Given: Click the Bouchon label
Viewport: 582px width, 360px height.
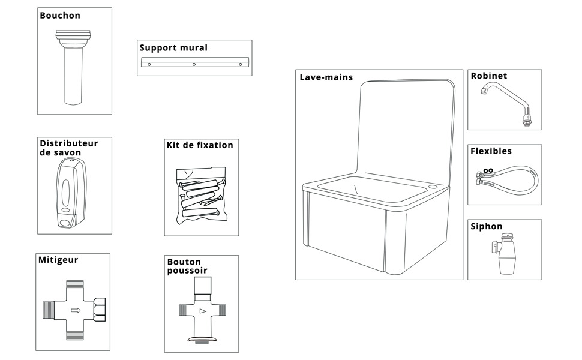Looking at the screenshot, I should pyautogui.click(x=60, y=16).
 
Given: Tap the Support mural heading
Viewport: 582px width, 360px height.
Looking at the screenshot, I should pyautogui.click(x=173, y=48).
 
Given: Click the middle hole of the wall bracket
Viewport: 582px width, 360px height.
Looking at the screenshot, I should pyautogui.click(x=194, y=64).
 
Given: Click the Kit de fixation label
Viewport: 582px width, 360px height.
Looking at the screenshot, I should pyautogui.click(x=199, y=145).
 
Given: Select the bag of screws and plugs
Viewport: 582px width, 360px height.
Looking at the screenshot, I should pyautogui.click(x=202, y=196).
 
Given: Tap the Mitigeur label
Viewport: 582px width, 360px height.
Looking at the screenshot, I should pyautogui.click(x=58, y=260).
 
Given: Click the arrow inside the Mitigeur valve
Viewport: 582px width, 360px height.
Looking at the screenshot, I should pyautogui.click(x=76, y=310).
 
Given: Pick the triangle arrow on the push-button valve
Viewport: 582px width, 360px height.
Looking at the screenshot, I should pyautogui.click(x=202, y=311).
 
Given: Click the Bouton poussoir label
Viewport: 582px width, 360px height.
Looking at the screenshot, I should pyautogui.click(x=185, y=266).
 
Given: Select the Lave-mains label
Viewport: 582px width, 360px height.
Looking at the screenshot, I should pyautogui.click(x=326, y=77).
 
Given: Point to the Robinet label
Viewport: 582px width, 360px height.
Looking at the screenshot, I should pyautogui.click(x=488, y=76).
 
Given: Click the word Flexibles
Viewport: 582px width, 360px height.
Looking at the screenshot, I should pyautogui.click(x=491, y=151).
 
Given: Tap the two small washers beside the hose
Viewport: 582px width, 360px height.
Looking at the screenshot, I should pyautogui.click(x=488, y=170).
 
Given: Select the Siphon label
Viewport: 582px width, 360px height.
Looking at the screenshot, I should pyautogui.click(x=487, y=227).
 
